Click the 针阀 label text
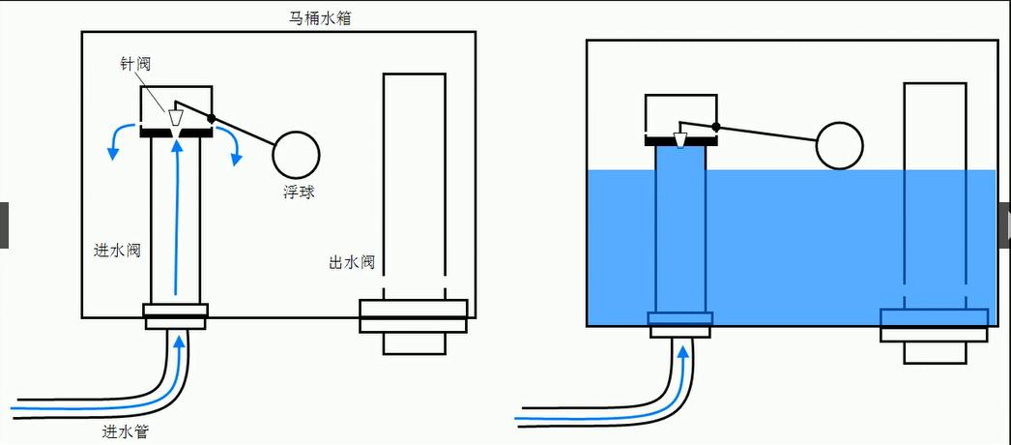click(x=136, y=64)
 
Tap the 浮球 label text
click(x=299, y=192)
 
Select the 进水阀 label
click(x=118, y=251)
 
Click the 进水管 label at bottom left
click(x=126, y=431)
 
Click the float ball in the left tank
click(x=296, y=153)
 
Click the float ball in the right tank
click(x=839, y=146)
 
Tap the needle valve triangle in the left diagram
click(x=175, y=117)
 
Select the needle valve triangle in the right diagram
click(x=680, y=140)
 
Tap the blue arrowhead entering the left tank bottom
click(x=179, y=338)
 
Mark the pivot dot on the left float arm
click(x=212, y=118)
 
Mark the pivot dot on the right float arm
click(x=716, y=127)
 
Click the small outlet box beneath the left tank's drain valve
click(x=414, y=342)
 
